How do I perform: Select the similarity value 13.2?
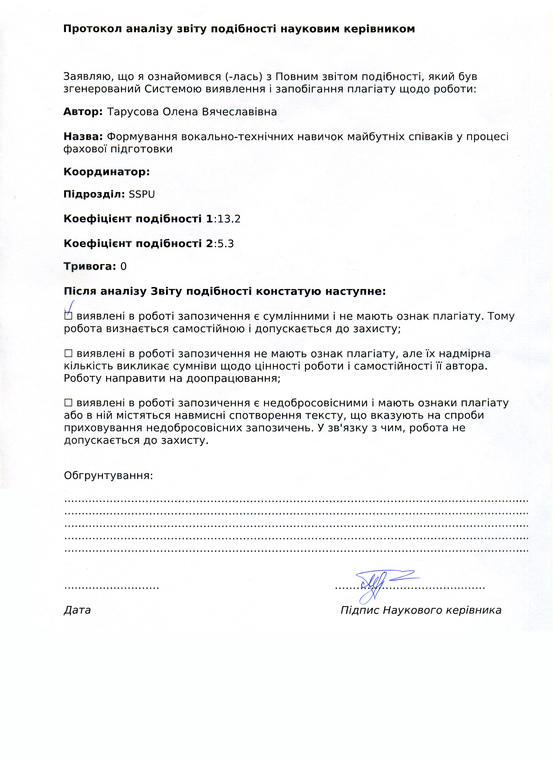[229, 219]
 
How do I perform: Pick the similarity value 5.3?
[226, 244]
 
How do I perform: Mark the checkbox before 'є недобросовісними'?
[68, 403]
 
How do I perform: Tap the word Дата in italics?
[77, 610]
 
